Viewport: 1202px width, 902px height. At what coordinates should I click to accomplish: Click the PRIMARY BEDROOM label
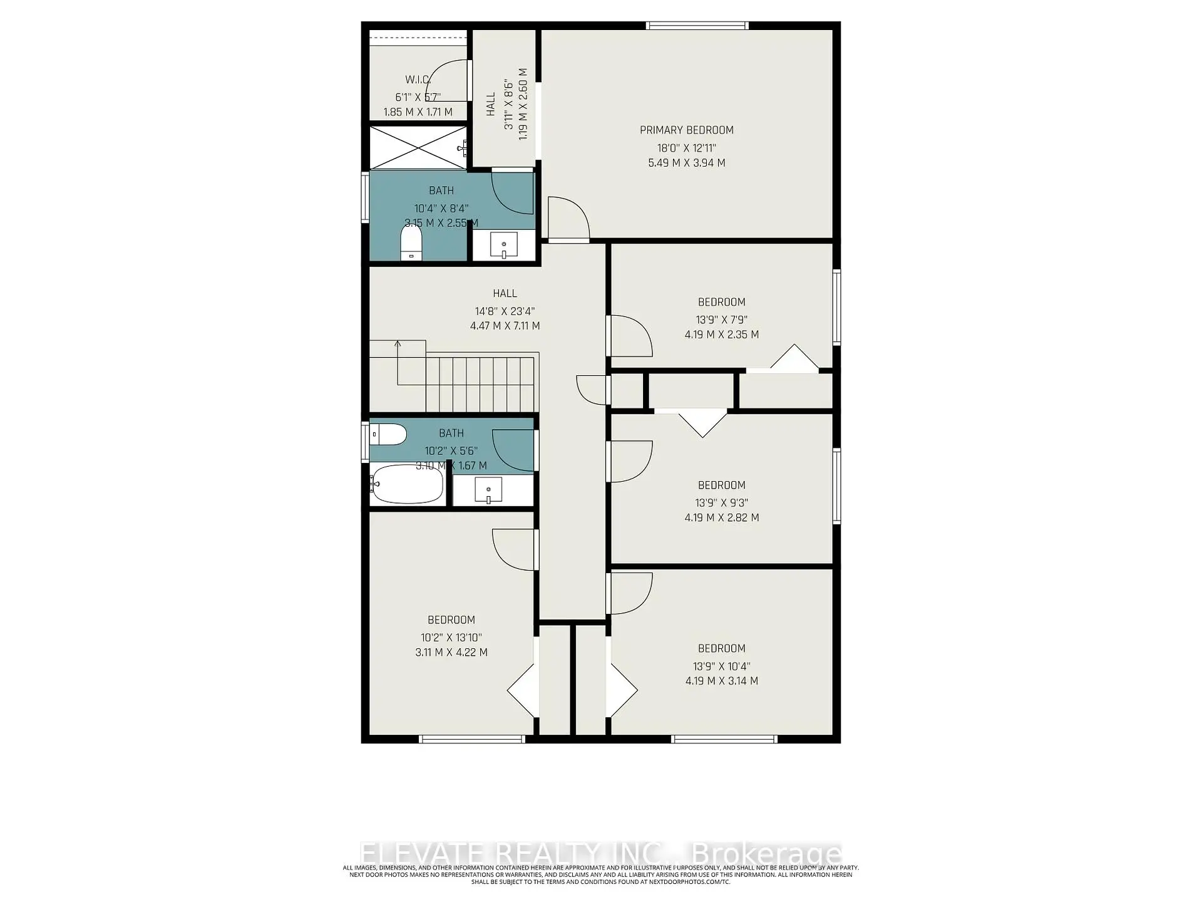click(686, 130)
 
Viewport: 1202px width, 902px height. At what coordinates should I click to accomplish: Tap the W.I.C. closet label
click(418, 80)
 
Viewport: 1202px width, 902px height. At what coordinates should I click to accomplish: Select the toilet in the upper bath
click(411, 242)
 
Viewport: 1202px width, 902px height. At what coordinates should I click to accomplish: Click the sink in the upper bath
click(503, 244)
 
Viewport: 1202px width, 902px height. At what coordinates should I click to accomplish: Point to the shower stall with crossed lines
click(418, 148)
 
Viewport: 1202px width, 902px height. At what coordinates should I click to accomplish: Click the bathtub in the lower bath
click(407, 484)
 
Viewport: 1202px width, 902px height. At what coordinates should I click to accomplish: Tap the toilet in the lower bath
click(388, 434)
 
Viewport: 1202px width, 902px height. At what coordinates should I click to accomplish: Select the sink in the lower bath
click(488, 490)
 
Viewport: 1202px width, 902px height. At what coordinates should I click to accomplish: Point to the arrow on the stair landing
click(398, 345)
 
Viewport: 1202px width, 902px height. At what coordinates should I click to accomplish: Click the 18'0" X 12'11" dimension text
click(686, 148)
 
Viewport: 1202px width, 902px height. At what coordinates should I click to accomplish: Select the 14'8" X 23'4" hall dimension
click(505, 311)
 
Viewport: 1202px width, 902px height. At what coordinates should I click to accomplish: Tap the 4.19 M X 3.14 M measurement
click(721, 681)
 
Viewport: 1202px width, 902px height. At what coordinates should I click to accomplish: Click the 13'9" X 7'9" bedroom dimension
click(721, 319)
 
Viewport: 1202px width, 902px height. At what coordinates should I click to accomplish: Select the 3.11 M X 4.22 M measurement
click(451, 652)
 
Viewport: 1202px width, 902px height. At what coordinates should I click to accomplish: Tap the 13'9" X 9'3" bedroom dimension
click(721, 502)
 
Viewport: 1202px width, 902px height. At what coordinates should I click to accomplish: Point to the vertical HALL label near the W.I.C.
click(490, 104)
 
